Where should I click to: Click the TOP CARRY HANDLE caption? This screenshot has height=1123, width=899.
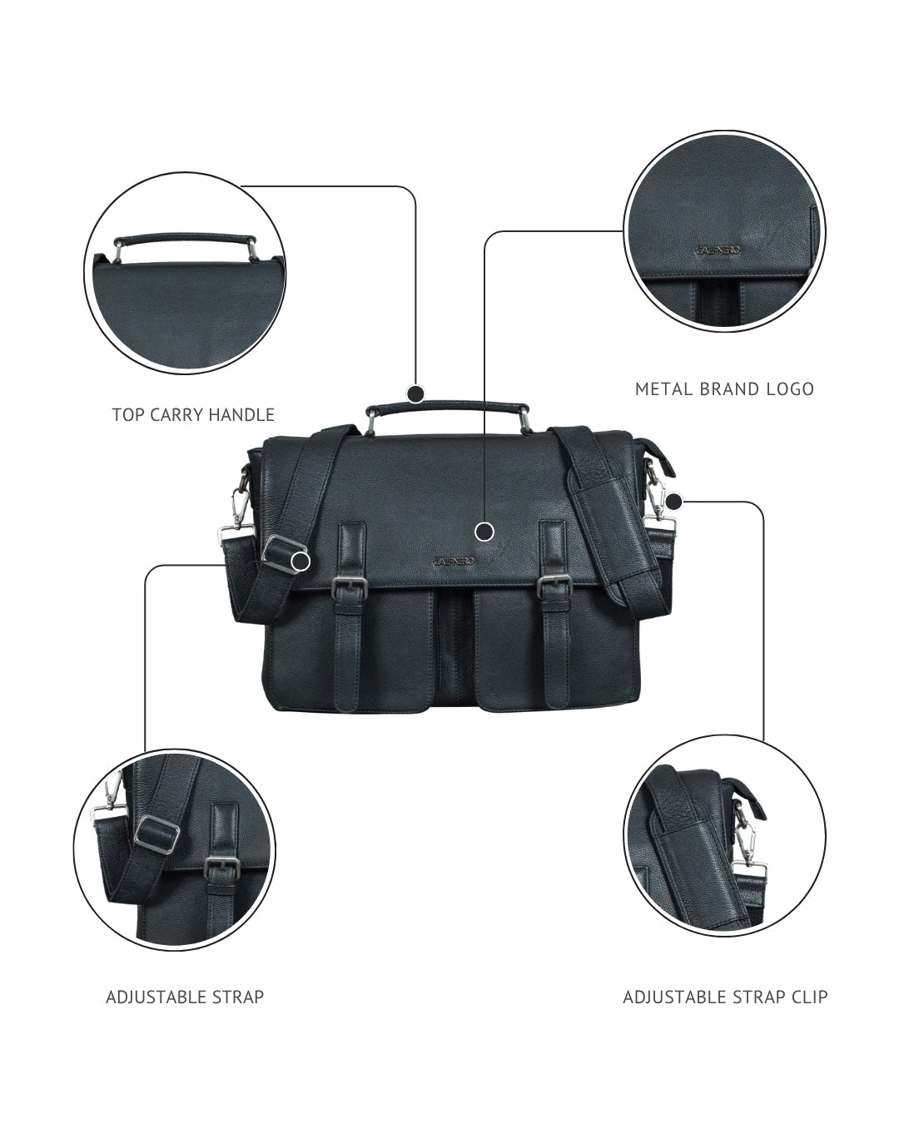pyautogui.click(x=193, y=414)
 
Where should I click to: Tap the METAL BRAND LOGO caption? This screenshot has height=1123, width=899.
pyautogui.click(x=724, y=388)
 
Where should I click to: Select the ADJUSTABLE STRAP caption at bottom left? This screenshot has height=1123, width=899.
pyautogui.click(x=185, y=997)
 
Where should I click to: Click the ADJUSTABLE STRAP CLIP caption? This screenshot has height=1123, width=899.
pyautogui.click(x=725, y=997)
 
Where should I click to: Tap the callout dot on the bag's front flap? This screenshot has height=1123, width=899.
pyautogui.click(x=484, y=531)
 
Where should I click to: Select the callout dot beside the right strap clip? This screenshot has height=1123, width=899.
pyautogui.click(x=674, y=502)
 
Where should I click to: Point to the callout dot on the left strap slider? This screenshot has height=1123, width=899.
pyautogui.click(x=301, y=561)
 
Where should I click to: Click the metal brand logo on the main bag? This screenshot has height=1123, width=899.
pyautogui.click(x=454, y=561)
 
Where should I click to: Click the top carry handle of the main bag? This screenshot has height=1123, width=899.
pyautogui.click(x=448, y=406)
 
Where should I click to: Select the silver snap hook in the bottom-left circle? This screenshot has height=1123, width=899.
pyautogui.click(x=108, y=799)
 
